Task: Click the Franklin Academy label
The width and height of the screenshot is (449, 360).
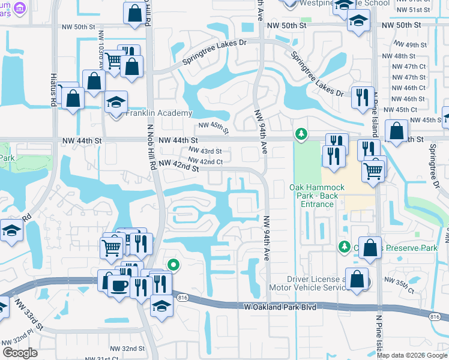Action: click(x=159, y=113)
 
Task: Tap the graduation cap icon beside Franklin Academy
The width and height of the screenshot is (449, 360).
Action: click(x=116, y=101)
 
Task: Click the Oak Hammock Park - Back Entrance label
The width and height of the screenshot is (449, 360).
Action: click(x=317, y=196)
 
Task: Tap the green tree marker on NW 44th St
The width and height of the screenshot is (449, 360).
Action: click(x=301, y=133)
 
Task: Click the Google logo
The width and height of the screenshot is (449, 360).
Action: click(x=20, y=352)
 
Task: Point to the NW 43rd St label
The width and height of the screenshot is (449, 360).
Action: click(x=205, y=151)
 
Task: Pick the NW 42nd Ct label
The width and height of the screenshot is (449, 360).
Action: click(x=205, y=161)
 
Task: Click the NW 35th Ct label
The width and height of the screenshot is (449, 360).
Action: click(x=399, y=285)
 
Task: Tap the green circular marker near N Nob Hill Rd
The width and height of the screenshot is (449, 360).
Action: click(x=173, y=264)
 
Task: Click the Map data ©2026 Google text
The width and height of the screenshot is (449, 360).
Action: click(x=412, y=355)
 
